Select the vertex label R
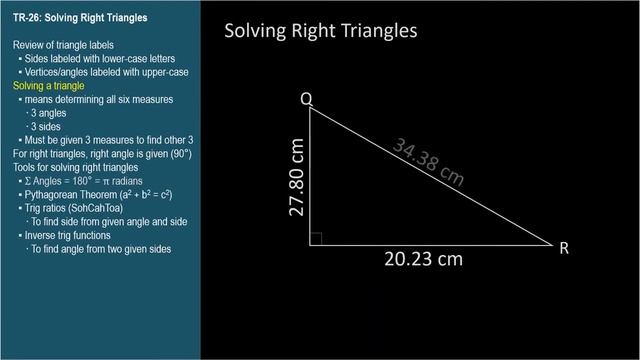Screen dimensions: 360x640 click(564, 248)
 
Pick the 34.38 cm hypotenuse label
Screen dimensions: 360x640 click(429, 162)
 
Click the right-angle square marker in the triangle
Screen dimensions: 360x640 click(317, 238)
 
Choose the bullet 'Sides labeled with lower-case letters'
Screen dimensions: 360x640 click(99, 60)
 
